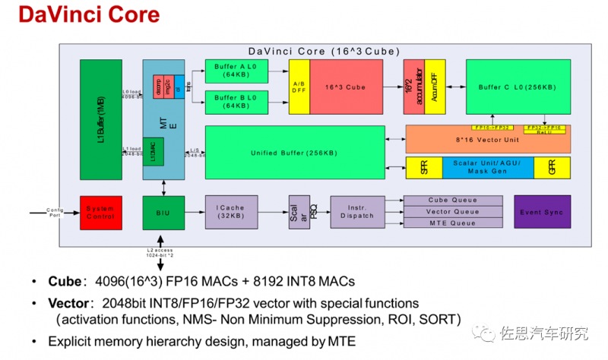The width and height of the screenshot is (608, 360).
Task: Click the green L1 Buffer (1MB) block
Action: pos(101,119)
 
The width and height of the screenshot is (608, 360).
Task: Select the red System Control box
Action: pos(101,212)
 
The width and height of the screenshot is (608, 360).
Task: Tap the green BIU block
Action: pos(163,212)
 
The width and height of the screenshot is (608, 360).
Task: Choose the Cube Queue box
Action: pos(453,201)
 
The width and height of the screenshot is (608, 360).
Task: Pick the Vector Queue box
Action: pos(453,212)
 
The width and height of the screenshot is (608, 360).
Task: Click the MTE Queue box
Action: pos(453,223)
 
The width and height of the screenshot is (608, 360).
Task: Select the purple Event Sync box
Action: pos(542,212)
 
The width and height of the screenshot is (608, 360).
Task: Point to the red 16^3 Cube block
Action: pos(347,87)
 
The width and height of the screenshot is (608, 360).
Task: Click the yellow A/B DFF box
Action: pos(299,87)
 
